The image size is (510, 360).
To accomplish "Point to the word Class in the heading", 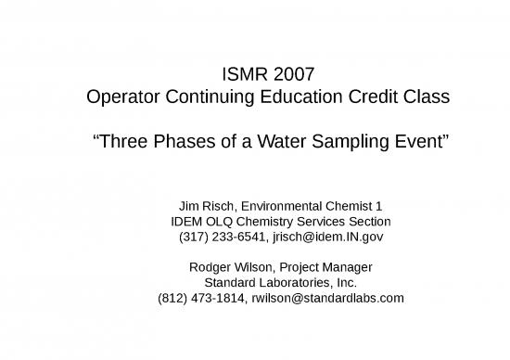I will tap(426, 96).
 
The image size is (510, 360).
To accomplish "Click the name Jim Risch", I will tap(204, 205).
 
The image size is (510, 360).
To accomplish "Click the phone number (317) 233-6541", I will tap(220, 238).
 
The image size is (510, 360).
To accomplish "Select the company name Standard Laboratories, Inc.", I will tap(280, 282).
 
